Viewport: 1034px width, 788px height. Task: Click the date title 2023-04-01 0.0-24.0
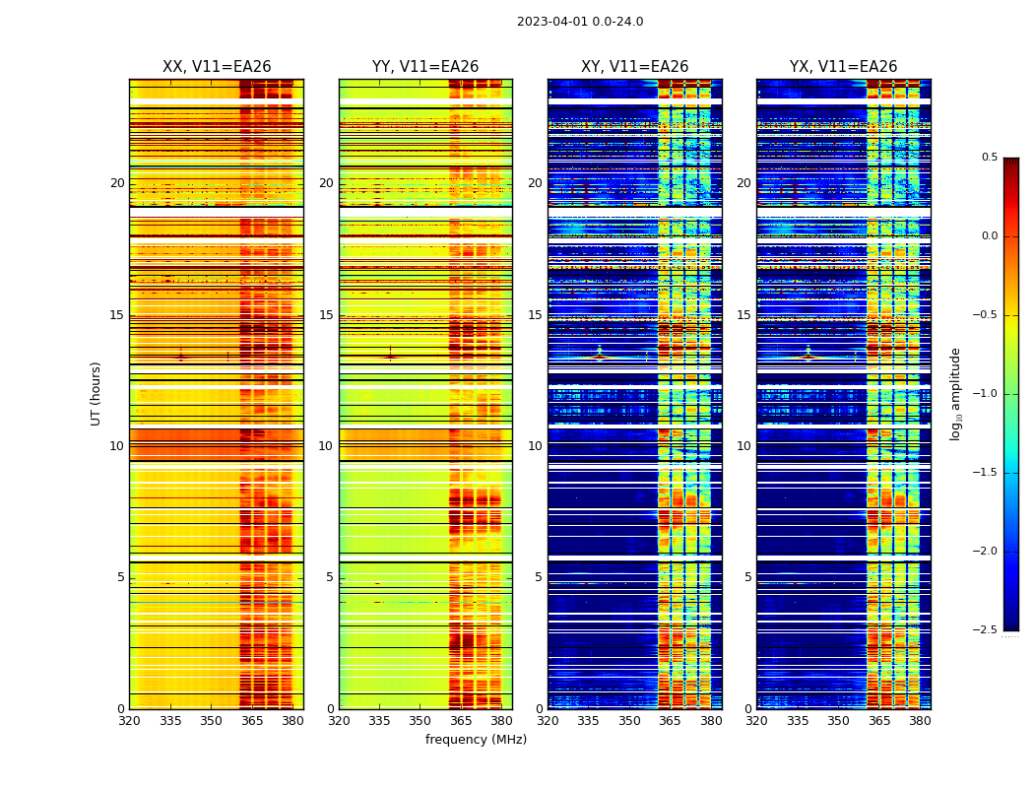point(580,22)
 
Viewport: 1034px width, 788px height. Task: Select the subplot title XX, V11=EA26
point(217,67)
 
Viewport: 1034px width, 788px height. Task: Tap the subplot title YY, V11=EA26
point(425,67)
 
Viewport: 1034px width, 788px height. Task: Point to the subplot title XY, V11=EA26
point(634,67)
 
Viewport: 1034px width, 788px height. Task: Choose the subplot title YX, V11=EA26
point(843,67)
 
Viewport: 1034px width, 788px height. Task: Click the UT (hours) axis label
point(97,393)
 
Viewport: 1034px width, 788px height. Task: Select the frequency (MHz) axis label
point(476,740)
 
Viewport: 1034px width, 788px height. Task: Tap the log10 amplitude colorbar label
point(955,393)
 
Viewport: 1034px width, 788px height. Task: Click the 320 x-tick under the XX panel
point(129,720)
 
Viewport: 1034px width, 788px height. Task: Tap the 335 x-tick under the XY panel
point(588,720)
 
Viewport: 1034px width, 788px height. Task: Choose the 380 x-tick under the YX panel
point(920,720)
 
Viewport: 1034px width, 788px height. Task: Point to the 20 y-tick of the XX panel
point(117,183)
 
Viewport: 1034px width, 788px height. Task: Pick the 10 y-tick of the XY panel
point(535,446)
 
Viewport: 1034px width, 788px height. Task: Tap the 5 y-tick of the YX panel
point(747,577)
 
